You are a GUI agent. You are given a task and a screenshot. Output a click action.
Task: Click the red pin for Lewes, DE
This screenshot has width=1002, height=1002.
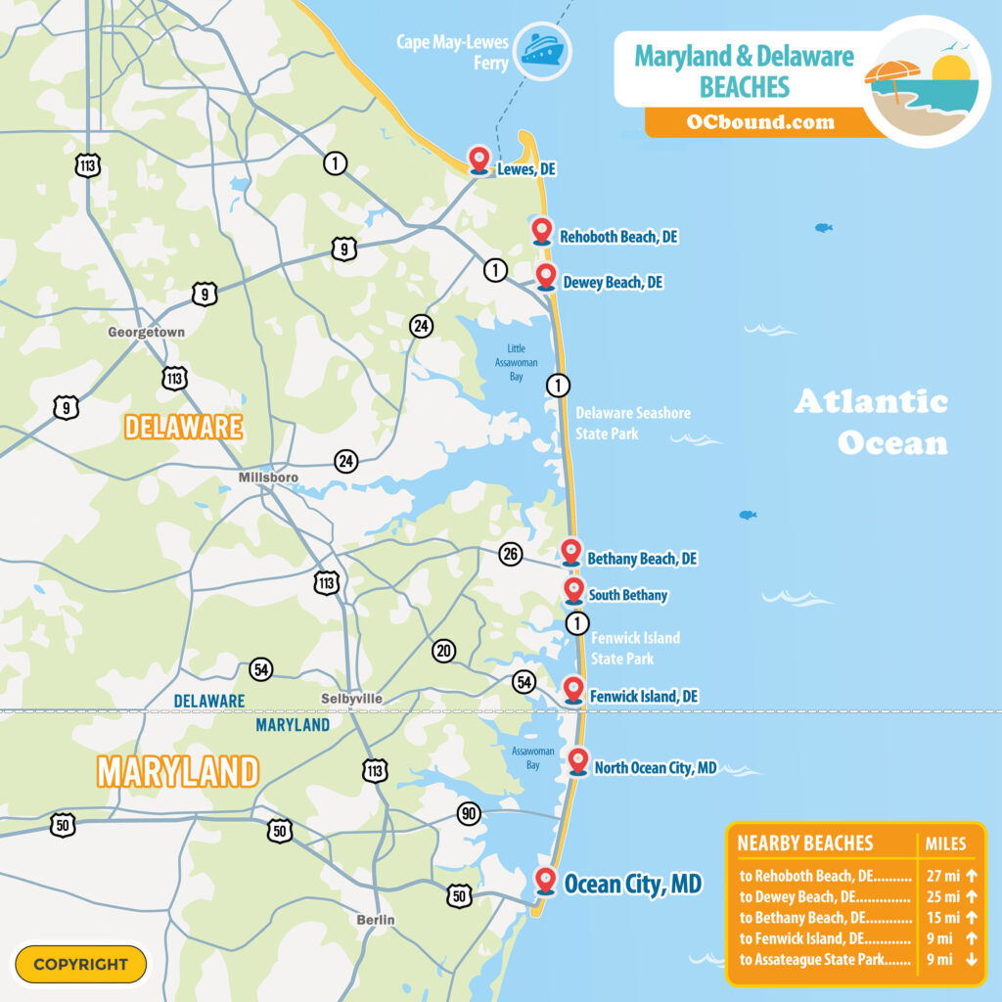479,159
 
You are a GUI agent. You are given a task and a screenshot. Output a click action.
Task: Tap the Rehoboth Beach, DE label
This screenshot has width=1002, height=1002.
618,237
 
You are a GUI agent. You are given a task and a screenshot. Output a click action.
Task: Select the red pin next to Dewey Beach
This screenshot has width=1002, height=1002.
546,276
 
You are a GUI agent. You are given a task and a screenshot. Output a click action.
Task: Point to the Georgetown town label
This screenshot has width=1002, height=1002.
146,333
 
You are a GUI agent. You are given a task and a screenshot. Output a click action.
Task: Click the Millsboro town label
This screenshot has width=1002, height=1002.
268,478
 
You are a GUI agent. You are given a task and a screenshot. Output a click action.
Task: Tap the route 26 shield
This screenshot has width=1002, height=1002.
510,555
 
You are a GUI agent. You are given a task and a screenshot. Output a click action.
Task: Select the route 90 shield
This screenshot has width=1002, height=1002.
469,813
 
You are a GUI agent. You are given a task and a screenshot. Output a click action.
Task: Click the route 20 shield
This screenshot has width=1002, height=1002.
444,650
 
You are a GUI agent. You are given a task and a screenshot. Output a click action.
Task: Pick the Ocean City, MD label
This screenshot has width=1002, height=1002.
632,885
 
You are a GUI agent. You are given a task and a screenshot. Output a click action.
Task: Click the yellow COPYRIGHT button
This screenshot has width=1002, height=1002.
80,964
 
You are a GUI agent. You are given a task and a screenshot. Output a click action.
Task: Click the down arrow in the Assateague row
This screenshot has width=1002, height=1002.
971,960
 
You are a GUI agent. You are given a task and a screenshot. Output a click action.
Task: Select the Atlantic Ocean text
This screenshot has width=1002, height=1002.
871,422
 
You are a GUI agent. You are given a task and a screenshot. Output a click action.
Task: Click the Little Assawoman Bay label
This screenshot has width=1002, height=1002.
516,360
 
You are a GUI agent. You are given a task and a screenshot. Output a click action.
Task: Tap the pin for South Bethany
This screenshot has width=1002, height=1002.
574,589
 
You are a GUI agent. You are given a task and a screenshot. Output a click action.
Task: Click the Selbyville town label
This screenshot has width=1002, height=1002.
351,699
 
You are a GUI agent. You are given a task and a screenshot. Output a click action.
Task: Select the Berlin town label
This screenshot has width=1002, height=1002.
376,920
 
